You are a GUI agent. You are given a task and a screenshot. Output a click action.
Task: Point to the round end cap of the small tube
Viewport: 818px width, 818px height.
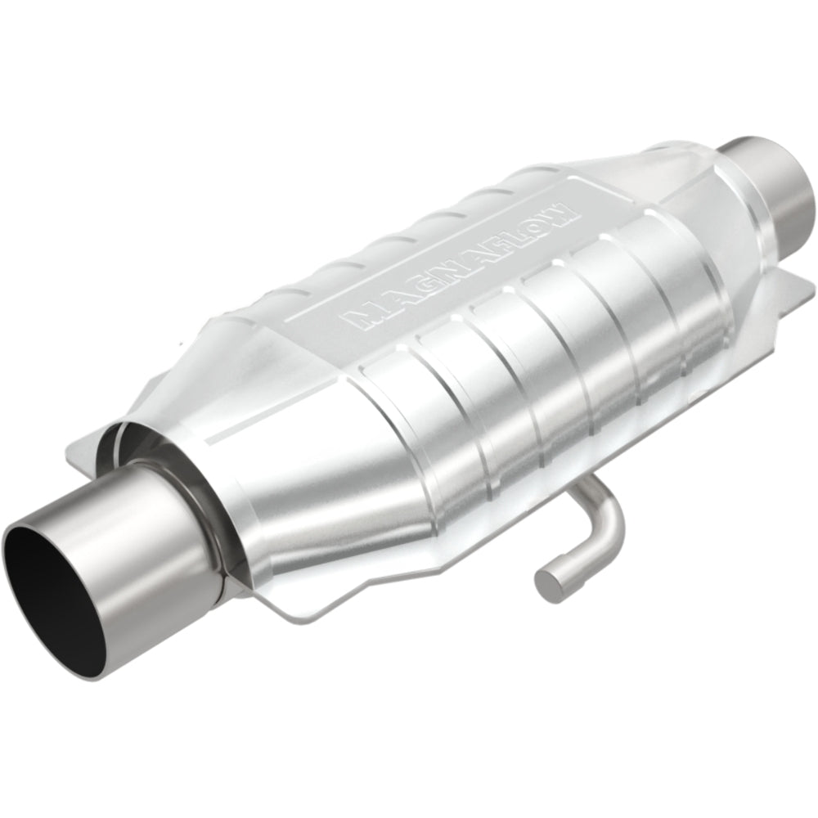pos(547,582)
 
